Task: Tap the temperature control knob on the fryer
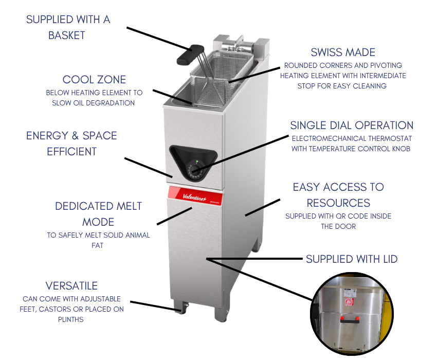point(195,171)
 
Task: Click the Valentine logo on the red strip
point(194,197)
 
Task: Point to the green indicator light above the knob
point(197,161)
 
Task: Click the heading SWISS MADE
point(343,52)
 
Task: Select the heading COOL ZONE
point(94,80)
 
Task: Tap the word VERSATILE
point(71,286)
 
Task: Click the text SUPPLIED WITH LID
point(352,259)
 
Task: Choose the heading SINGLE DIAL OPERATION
point(352,125)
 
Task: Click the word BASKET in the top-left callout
point(67,35)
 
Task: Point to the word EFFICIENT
point(71,152)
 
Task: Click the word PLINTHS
point(71,319)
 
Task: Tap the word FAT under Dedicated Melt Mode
point(98,245)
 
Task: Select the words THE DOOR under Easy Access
point(338,226)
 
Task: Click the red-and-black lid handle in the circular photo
point(350,319)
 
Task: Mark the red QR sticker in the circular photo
point(349,301)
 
